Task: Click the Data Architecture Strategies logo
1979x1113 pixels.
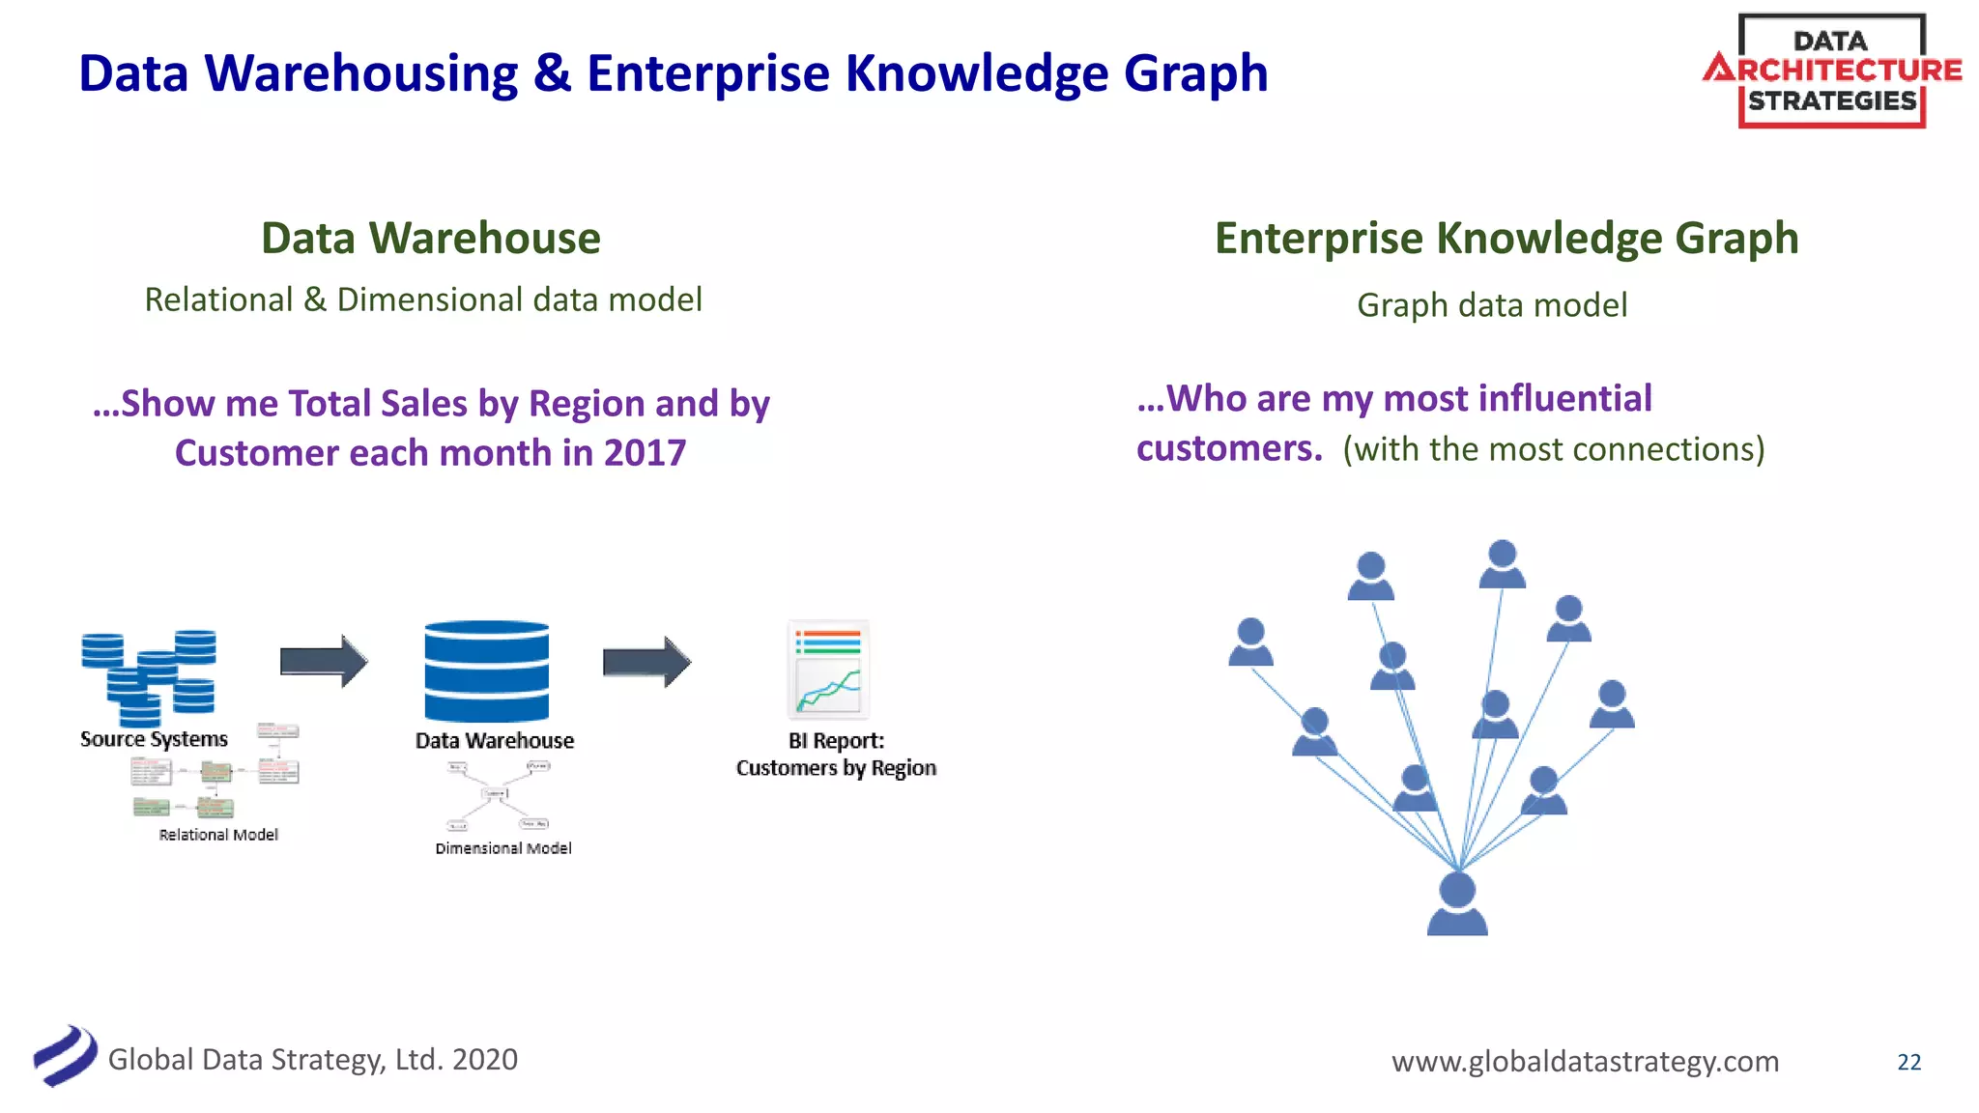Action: click(1831, 71)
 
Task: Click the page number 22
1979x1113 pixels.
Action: click(1908, 1062)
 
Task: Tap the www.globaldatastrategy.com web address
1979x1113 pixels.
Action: click(1585, 1061)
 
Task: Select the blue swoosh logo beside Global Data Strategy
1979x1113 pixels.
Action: click(65, 1056)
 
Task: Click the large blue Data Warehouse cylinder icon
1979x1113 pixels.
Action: click(486, 671)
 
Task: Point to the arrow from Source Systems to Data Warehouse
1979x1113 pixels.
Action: click(324, 662)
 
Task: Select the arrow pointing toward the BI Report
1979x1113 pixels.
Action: click(646, 662)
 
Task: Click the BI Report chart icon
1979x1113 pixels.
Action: click(828, 670)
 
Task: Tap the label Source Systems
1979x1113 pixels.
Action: click(154, 739)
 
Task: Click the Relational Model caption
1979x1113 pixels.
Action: click(218, 835)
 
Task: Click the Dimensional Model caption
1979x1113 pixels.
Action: click(503, 848)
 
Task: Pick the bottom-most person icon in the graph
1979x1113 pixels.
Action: click(1457, 903)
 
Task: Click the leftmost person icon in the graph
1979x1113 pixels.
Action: click(1250, 642)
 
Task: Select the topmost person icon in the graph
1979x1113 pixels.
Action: click(1502, 564)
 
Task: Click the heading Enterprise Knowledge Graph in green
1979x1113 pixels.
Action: click(1506, 238)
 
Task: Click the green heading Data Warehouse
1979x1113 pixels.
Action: click(431, 238)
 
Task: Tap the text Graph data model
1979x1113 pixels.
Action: click(1491, 305)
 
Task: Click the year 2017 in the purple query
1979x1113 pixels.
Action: click(645, 452)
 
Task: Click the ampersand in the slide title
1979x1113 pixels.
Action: click(552, 73)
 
